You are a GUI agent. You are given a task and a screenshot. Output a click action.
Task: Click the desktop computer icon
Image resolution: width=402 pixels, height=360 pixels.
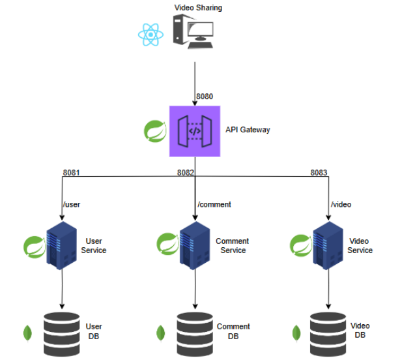point(193,31)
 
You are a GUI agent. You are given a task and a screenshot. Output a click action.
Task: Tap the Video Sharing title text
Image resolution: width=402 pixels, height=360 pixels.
point(198,7)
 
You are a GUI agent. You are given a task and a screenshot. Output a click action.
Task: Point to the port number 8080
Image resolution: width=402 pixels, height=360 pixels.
point(205,97)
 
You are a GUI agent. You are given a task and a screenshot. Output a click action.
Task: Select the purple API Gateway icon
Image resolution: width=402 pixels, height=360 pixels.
point(195,130)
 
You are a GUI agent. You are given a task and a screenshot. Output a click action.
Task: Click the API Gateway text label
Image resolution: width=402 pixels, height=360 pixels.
point(248,130)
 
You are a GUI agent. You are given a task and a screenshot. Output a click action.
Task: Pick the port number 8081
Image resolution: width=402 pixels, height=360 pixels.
point(71,173)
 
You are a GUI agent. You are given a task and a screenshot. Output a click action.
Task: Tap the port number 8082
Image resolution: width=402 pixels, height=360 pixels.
point(186,173)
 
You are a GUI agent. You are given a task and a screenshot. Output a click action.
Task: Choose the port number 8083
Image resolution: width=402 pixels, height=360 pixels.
point(319,173)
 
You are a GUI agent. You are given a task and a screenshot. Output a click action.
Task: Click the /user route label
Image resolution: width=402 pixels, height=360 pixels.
point(72,204)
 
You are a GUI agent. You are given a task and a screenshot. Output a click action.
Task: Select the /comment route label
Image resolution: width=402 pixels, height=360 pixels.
point(214,204)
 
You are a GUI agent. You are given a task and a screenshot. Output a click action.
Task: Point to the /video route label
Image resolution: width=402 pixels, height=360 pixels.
point(341,204)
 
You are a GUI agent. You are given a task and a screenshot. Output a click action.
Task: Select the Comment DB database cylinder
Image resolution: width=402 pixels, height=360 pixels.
point(194,331)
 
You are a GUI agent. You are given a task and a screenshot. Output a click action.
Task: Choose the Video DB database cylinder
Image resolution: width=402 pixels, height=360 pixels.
point(328,331)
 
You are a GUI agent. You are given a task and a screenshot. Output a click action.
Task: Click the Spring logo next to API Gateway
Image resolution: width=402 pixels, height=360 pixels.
point(155,130)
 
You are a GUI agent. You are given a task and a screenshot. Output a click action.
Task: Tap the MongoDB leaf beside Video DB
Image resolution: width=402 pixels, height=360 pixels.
point(297,332)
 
